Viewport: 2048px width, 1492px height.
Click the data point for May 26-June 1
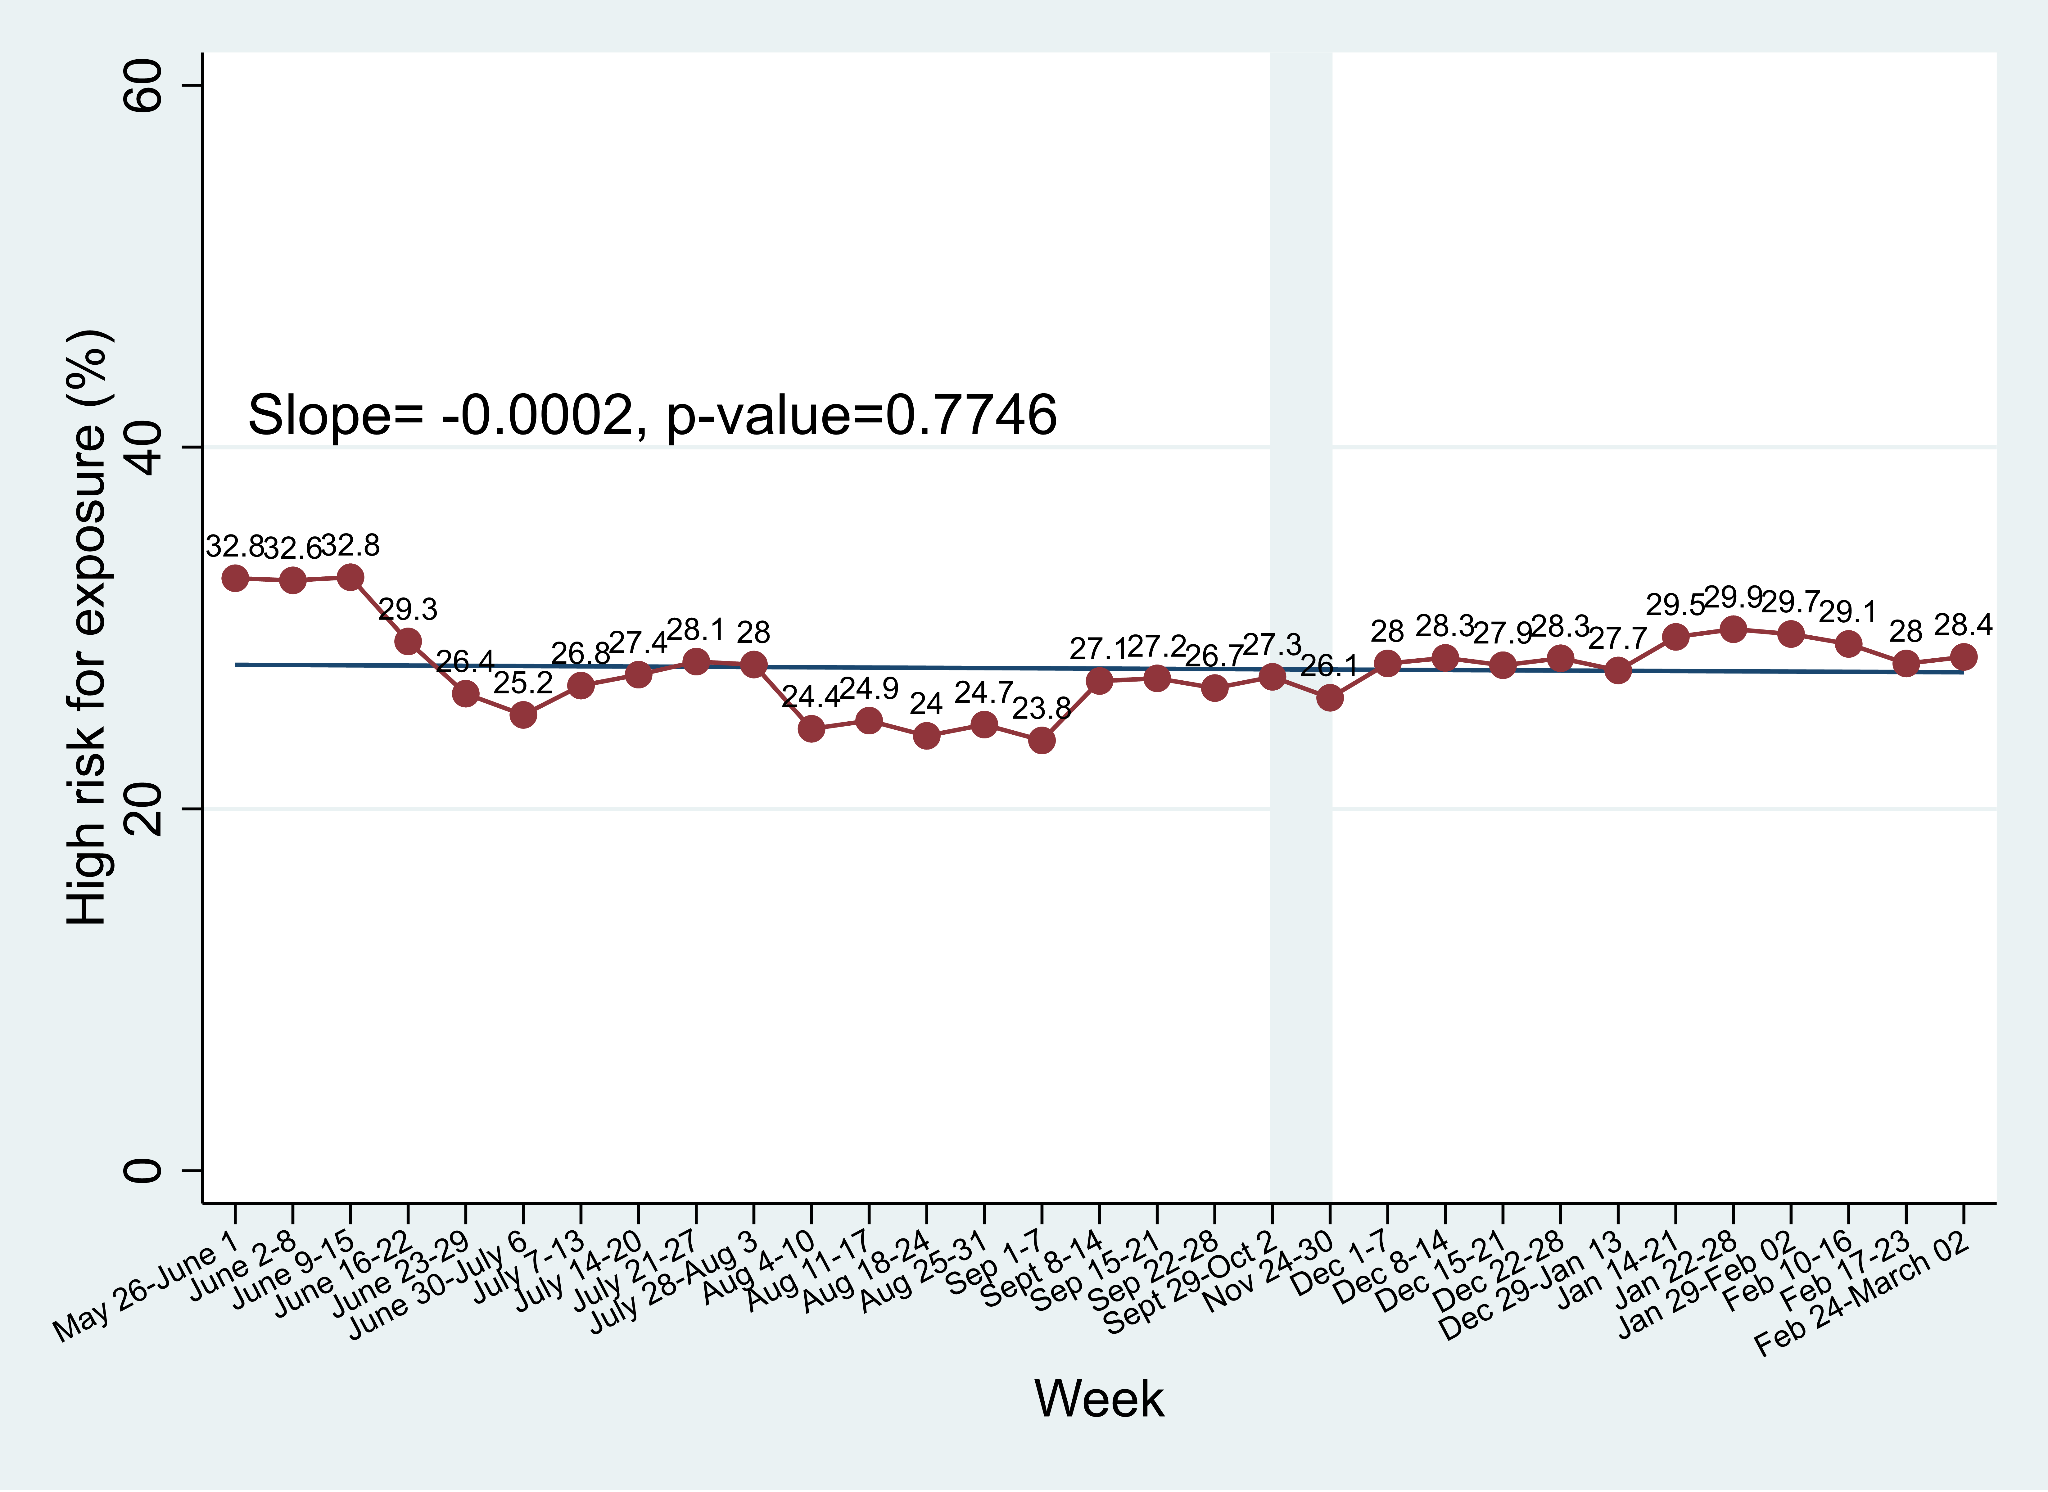236,578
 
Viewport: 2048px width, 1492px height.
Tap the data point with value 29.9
1733,629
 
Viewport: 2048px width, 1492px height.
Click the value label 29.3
407,610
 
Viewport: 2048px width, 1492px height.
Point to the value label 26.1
1329,666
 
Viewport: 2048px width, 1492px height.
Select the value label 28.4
1963,625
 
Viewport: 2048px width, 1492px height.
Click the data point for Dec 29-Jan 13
1618,670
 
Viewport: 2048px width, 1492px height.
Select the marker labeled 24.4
811,728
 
